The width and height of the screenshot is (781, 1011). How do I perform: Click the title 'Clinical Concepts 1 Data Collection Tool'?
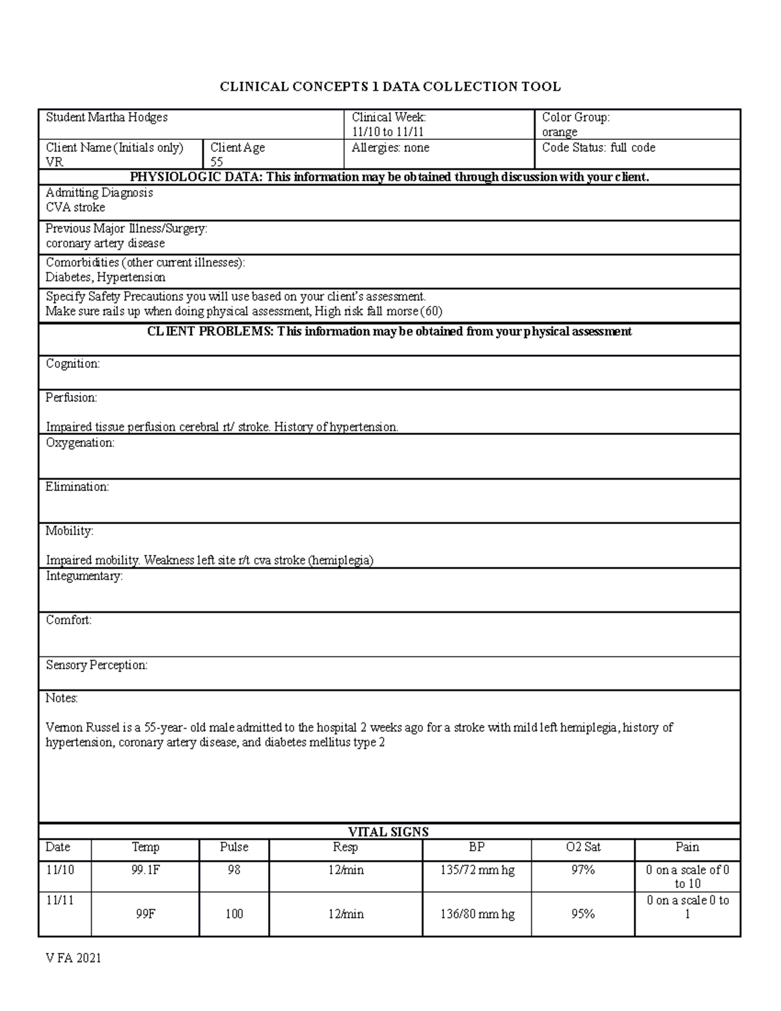(390, 87)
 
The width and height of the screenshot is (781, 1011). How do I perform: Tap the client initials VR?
(54, 162)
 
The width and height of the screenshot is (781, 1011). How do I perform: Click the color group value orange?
(560, 132)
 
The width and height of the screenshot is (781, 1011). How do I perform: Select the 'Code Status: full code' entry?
(598, 148)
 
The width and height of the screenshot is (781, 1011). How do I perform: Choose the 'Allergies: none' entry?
(390, 148)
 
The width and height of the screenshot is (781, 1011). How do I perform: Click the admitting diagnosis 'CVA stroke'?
(75, 208)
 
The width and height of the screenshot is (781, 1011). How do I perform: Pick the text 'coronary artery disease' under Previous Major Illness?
(105, 243)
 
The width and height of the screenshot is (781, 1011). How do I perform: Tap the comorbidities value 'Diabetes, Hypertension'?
(105, 277)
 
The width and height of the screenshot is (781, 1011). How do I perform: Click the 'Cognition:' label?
(72, 364)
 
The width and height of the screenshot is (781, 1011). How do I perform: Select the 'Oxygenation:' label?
(79, 443)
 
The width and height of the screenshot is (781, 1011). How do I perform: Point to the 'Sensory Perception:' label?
(96, 665)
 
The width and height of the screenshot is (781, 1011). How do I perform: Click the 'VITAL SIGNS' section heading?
(389, 831)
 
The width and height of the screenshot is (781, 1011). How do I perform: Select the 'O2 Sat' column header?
(582, 847)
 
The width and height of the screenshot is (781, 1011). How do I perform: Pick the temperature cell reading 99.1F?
(145, 870)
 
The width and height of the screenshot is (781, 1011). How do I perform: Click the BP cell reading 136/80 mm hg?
(477, 914)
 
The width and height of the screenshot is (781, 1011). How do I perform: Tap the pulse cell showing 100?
(234, 914)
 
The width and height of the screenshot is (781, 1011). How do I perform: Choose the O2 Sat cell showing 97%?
(582, 870)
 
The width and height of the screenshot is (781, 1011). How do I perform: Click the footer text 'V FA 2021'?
(73, 958)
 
